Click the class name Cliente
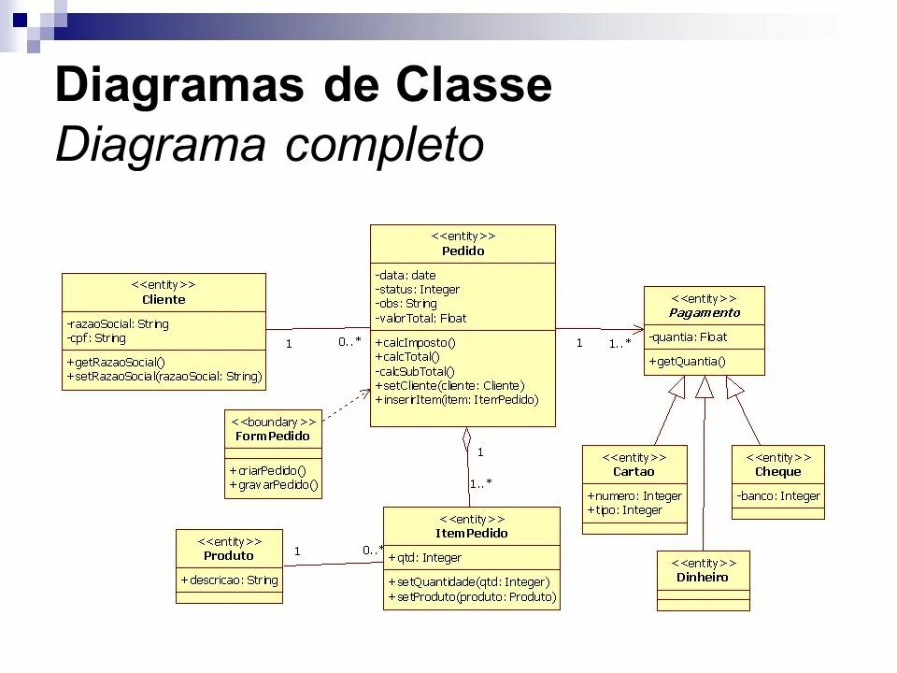(x=164, y=299)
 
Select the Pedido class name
(x=463, y=251)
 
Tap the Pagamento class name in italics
(x=705, y=312)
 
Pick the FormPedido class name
(x=273, y=436)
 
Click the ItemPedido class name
(x=472, y=533)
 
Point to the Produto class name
(x=229, y=555)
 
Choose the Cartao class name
(x=634, y=471)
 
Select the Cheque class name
(x=777, y=471)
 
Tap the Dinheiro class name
(x=703, y=577)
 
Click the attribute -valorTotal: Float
(x=420, y=318)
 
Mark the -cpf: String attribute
(x=96, y=337)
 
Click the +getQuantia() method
(x=687, y=361)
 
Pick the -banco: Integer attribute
(x=777, y=496)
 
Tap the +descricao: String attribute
(x=229, y=580)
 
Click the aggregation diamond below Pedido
(x=465, y=437)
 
